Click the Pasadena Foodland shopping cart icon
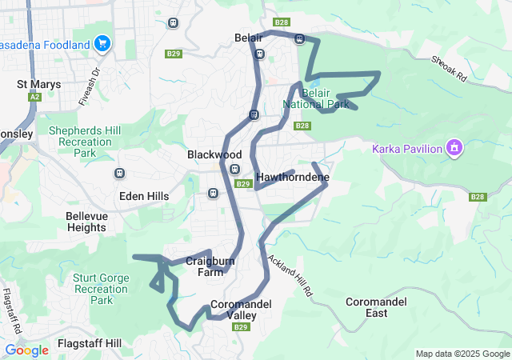coord(102,44)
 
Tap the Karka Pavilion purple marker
coord(454,148)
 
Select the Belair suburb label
coord(249,38)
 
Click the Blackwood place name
coord(214,154)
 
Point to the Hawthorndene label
coord(293,177)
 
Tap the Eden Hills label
coord(144,196)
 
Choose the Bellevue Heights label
coord(86,222)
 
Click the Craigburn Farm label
coord(209,266)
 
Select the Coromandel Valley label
coord(242,310)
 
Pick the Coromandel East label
coord(376,307)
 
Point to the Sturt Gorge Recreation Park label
coord(101,289)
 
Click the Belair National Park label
coord(316,98)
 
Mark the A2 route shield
coord(34,97)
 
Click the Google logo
coord(26,350)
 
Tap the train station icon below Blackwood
coord(234,169)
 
